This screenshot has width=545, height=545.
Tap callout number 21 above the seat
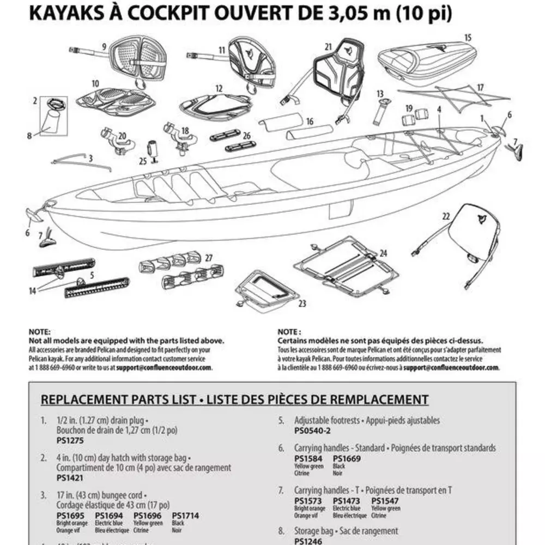coord(328,47)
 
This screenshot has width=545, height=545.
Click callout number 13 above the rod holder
coord(380,94)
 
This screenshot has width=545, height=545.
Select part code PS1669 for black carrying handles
coord(344,458)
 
